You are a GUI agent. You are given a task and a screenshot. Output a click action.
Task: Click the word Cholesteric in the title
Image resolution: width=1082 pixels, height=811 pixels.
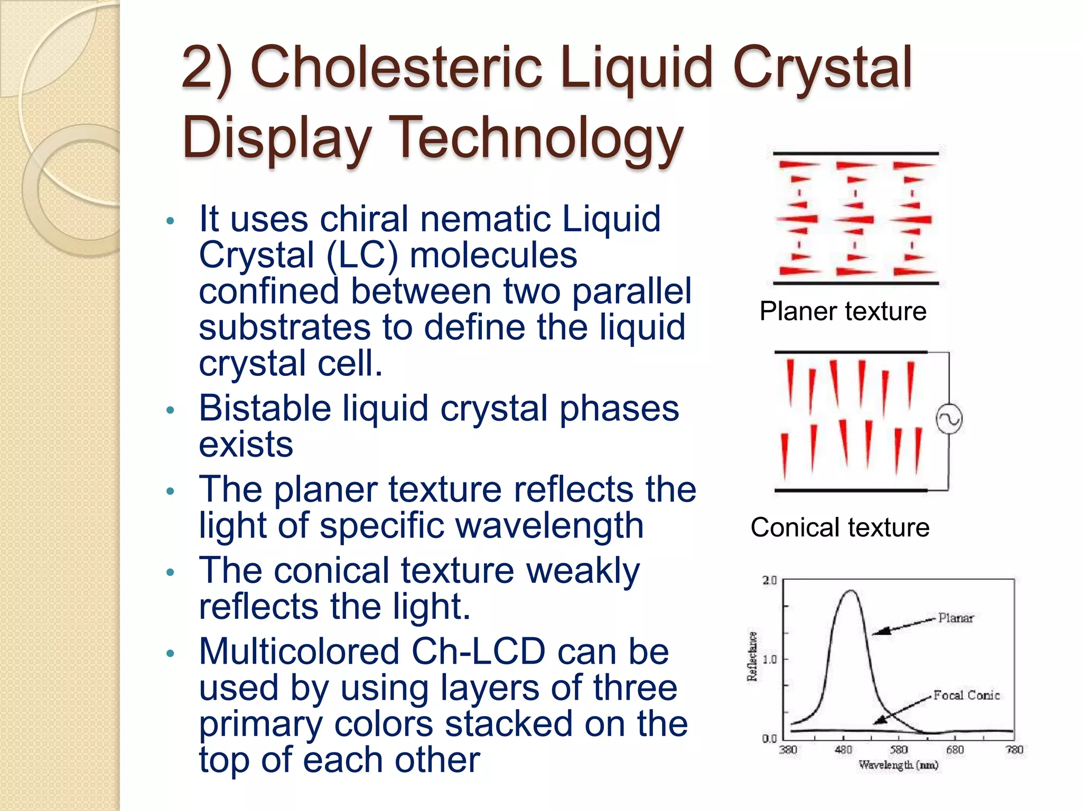(x=396, y=68)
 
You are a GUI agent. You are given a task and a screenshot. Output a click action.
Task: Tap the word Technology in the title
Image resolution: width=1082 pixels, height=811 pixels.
(x=539, y=137)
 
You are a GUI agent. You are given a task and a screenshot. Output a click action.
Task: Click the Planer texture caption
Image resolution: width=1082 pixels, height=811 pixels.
(x=843, y=311)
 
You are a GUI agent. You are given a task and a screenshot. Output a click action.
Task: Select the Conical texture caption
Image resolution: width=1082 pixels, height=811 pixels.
(x=840, y=527)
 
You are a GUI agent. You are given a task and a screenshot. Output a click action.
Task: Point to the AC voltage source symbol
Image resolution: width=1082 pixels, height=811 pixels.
(x=949, y=419)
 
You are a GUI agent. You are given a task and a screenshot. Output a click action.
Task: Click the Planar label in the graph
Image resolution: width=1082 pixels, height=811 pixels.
(x=956, y=618)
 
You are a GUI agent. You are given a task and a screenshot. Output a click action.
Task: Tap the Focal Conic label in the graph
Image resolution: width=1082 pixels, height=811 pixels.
(x=966, y=695)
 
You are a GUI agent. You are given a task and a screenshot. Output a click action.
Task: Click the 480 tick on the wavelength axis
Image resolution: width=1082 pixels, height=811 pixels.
(x=843, y=750)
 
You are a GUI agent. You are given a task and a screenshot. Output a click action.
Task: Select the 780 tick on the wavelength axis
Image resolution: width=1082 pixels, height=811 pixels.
(x=1014, y=750)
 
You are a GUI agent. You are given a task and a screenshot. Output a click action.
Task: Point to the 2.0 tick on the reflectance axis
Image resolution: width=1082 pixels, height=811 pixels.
(x=769, y=580)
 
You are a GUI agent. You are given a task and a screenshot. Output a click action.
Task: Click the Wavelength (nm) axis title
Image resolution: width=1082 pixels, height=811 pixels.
(x=898, y=765)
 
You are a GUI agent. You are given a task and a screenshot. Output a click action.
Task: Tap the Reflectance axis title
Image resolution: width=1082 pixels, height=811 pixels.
(x=752, y=656)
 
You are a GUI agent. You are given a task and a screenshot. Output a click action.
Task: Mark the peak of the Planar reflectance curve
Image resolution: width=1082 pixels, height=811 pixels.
(x=851, y=591)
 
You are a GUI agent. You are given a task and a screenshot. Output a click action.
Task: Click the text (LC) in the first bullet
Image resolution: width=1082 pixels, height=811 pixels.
(x=362, y=255)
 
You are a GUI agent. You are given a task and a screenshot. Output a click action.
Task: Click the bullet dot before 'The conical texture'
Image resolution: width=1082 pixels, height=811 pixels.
(x=170, y=572)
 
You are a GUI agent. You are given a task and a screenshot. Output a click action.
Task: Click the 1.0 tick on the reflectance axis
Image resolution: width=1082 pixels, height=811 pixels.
(x=769, y=659)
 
